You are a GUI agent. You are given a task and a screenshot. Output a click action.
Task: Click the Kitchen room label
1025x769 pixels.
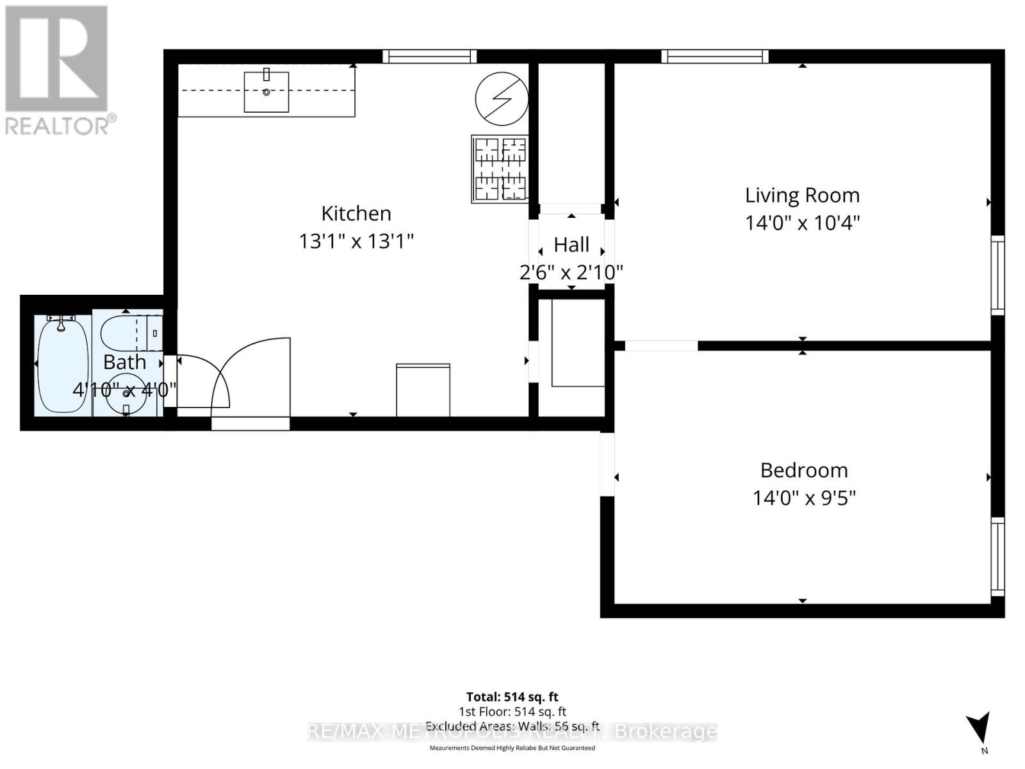tap(356, 213)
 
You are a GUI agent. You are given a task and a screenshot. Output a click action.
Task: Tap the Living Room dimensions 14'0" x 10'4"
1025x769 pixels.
tap(802, 223)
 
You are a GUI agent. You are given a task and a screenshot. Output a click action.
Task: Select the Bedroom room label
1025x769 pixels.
tap(804, 470)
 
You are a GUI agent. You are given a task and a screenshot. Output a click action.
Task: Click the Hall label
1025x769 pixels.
tap(571, 245)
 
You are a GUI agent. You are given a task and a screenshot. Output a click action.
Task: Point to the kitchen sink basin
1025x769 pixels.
tap(266, 92)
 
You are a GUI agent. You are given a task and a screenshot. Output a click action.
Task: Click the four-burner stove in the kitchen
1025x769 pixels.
tap(500, 169)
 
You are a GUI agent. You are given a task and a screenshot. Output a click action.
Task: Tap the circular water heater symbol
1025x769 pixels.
tap(502, 99)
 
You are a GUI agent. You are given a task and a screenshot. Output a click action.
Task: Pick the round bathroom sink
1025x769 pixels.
tap(126, 400)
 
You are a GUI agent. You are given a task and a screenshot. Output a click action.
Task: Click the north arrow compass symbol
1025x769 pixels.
tap(979, 731)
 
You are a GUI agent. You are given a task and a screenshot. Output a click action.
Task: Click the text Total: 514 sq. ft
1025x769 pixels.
tap(512, 697)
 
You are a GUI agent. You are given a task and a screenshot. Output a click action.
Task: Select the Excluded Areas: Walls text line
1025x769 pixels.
tap(512, 726)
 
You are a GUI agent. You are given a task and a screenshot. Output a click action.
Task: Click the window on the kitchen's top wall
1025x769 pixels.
tap(429, 56)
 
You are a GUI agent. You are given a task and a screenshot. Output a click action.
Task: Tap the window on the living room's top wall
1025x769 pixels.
tap(715, 56)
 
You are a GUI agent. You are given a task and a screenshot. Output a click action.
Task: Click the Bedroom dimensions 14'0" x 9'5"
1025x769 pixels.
tap(804, 498)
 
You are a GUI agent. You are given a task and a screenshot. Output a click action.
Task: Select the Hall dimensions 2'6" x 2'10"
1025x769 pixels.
tap(571, 272)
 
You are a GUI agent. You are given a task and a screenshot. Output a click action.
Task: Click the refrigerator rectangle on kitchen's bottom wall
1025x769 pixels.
tap(423, 390)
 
